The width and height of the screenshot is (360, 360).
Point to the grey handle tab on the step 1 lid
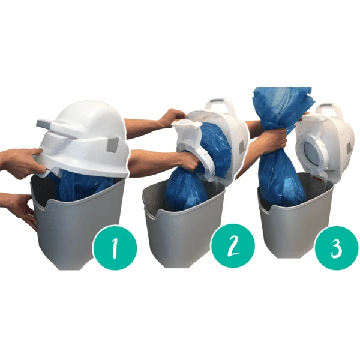click(47, 124)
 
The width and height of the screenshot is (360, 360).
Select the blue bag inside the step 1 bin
click(78, 184)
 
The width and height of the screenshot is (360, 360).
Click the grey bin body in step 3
click(288, 228)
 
